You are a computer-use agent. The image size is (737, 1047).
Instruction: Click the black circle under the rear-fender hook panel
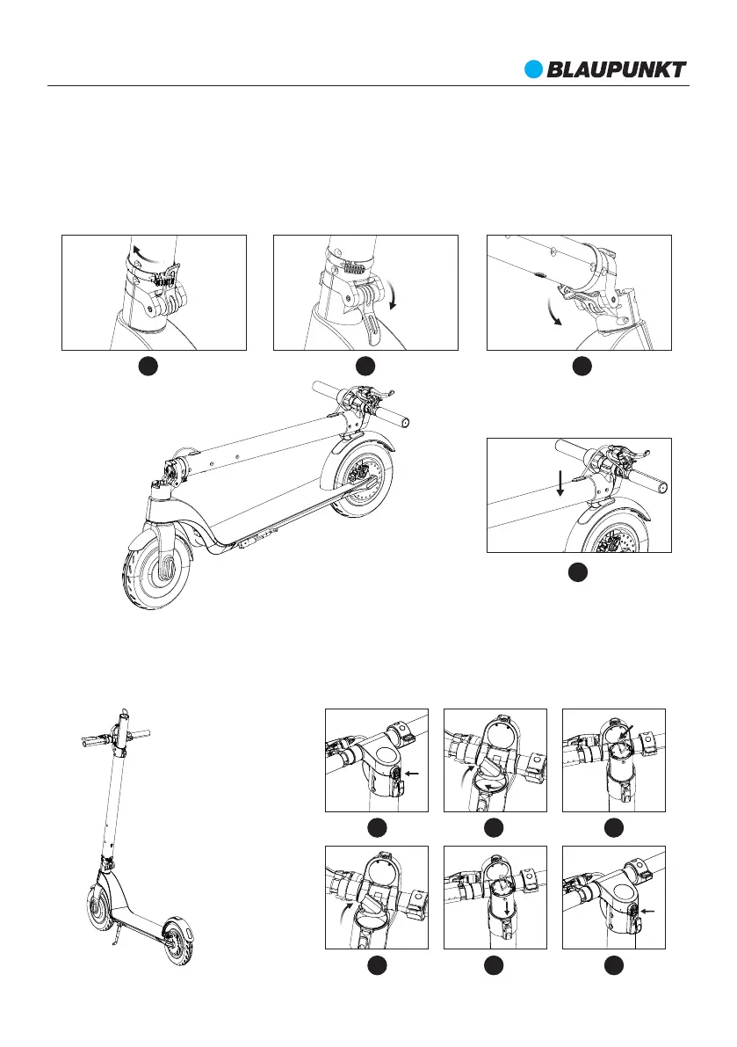(x=577, y=572)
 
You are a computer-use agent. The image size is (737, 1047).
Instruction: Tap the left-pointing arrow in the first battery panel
(x=413, y=774)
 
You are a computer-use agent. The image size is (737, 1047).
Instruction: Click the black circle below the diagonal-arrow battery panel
(x=614, y=825)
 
